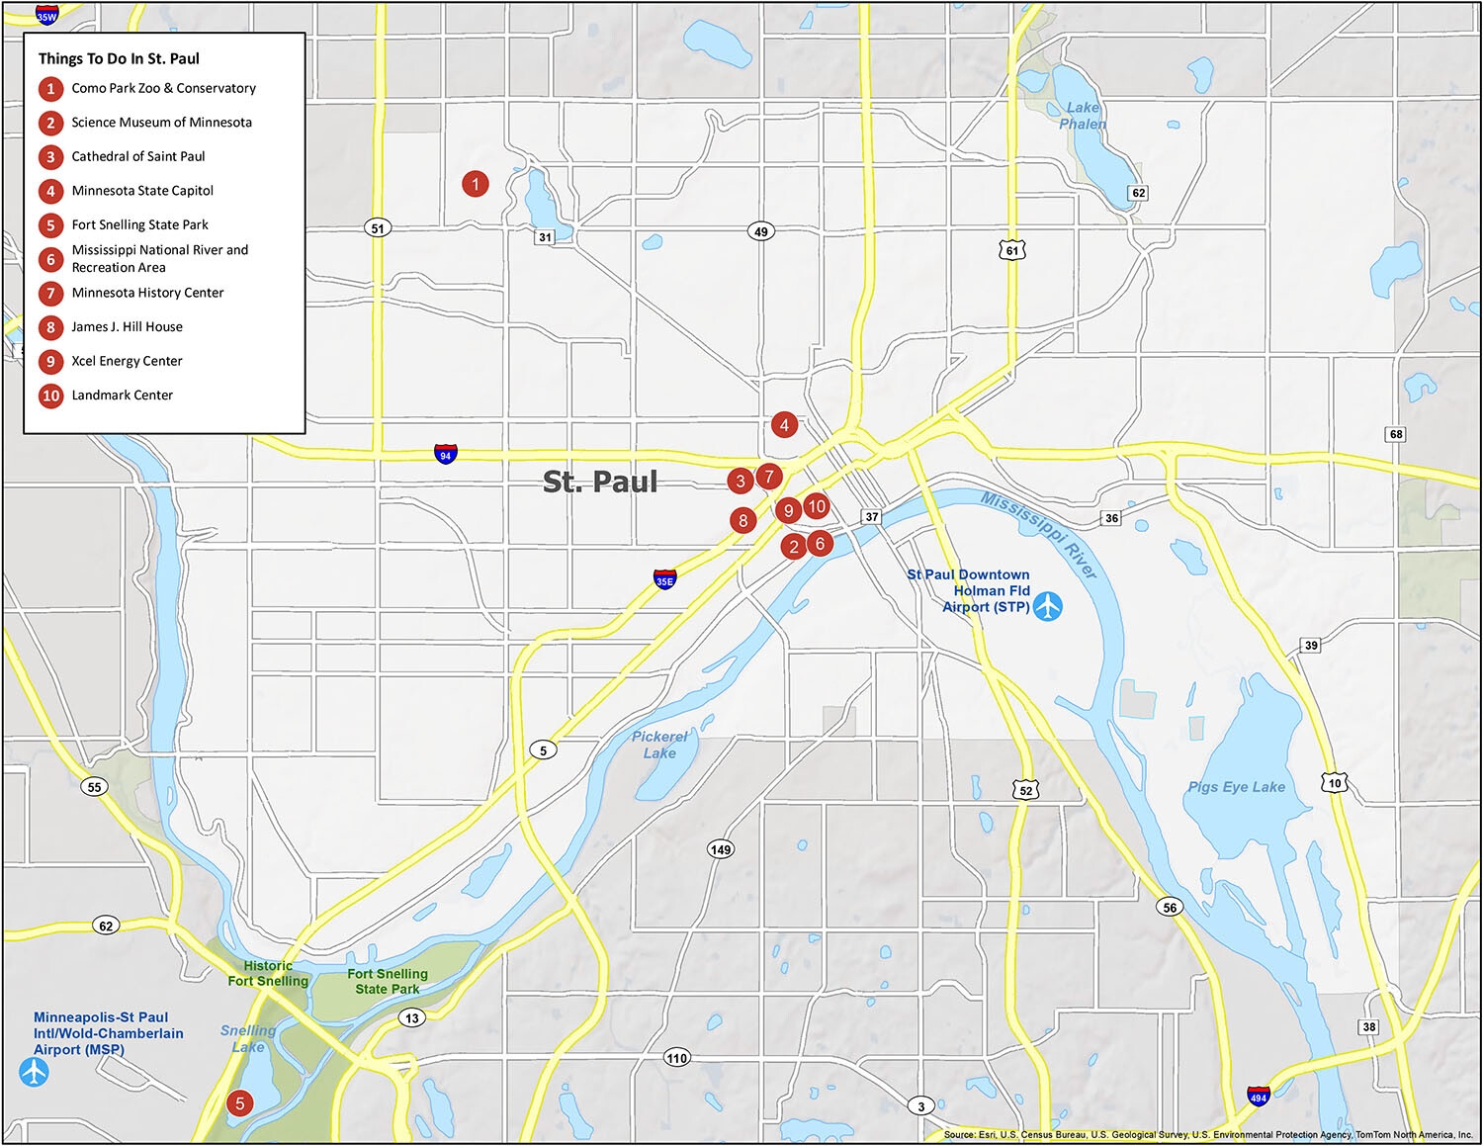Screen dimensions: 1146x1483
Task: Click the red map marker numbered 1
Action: (476, 184)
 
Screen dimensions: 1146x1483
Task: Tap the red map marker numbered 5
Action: (239, 1103)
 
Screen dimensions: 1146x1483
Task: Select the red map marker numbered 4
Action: (784, 425)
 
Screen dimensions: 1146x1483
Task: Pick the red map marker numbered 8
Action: (743, 521)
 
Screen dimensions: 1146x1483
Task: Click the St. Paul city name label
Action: (600, 482)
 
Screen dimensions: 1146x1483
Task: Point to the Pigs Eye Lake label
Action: (1236, 787)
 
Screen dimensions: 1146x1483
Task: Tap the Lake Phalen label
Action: (1083, 116)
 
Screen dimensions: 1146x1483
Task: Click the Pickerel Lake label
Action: (659, 745)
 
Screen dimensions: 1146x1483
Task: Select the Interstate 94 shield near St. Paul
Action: (446, 454)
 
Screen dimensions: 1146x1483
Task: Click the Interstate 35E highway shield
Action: (665, 579)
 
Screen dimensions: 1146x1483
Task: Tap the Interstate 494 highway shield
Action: (1258, 1096)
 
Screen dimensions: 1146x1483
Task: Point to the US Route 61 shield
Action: (1011, 250)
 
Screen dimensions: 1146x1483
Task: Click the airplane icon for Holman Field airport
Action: (1048, 606)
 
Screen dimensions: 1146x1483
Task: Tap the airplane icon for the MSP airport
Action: (35, 1072)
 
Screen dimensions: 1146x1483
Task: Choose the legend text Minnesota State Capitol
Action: (142, 191)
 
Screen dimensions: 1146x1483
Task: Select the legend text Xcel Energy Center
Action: (127, 361)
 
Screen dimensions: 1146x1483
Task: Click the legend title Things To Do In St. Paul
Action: (119, 58)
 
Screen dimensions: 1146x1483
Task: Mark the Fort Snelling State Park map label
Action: (388, 981)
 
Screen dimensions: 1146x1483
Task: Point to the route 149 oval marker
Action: (721, 849)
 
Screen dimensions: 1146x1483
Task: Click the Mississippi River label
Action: (1039, 534)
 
